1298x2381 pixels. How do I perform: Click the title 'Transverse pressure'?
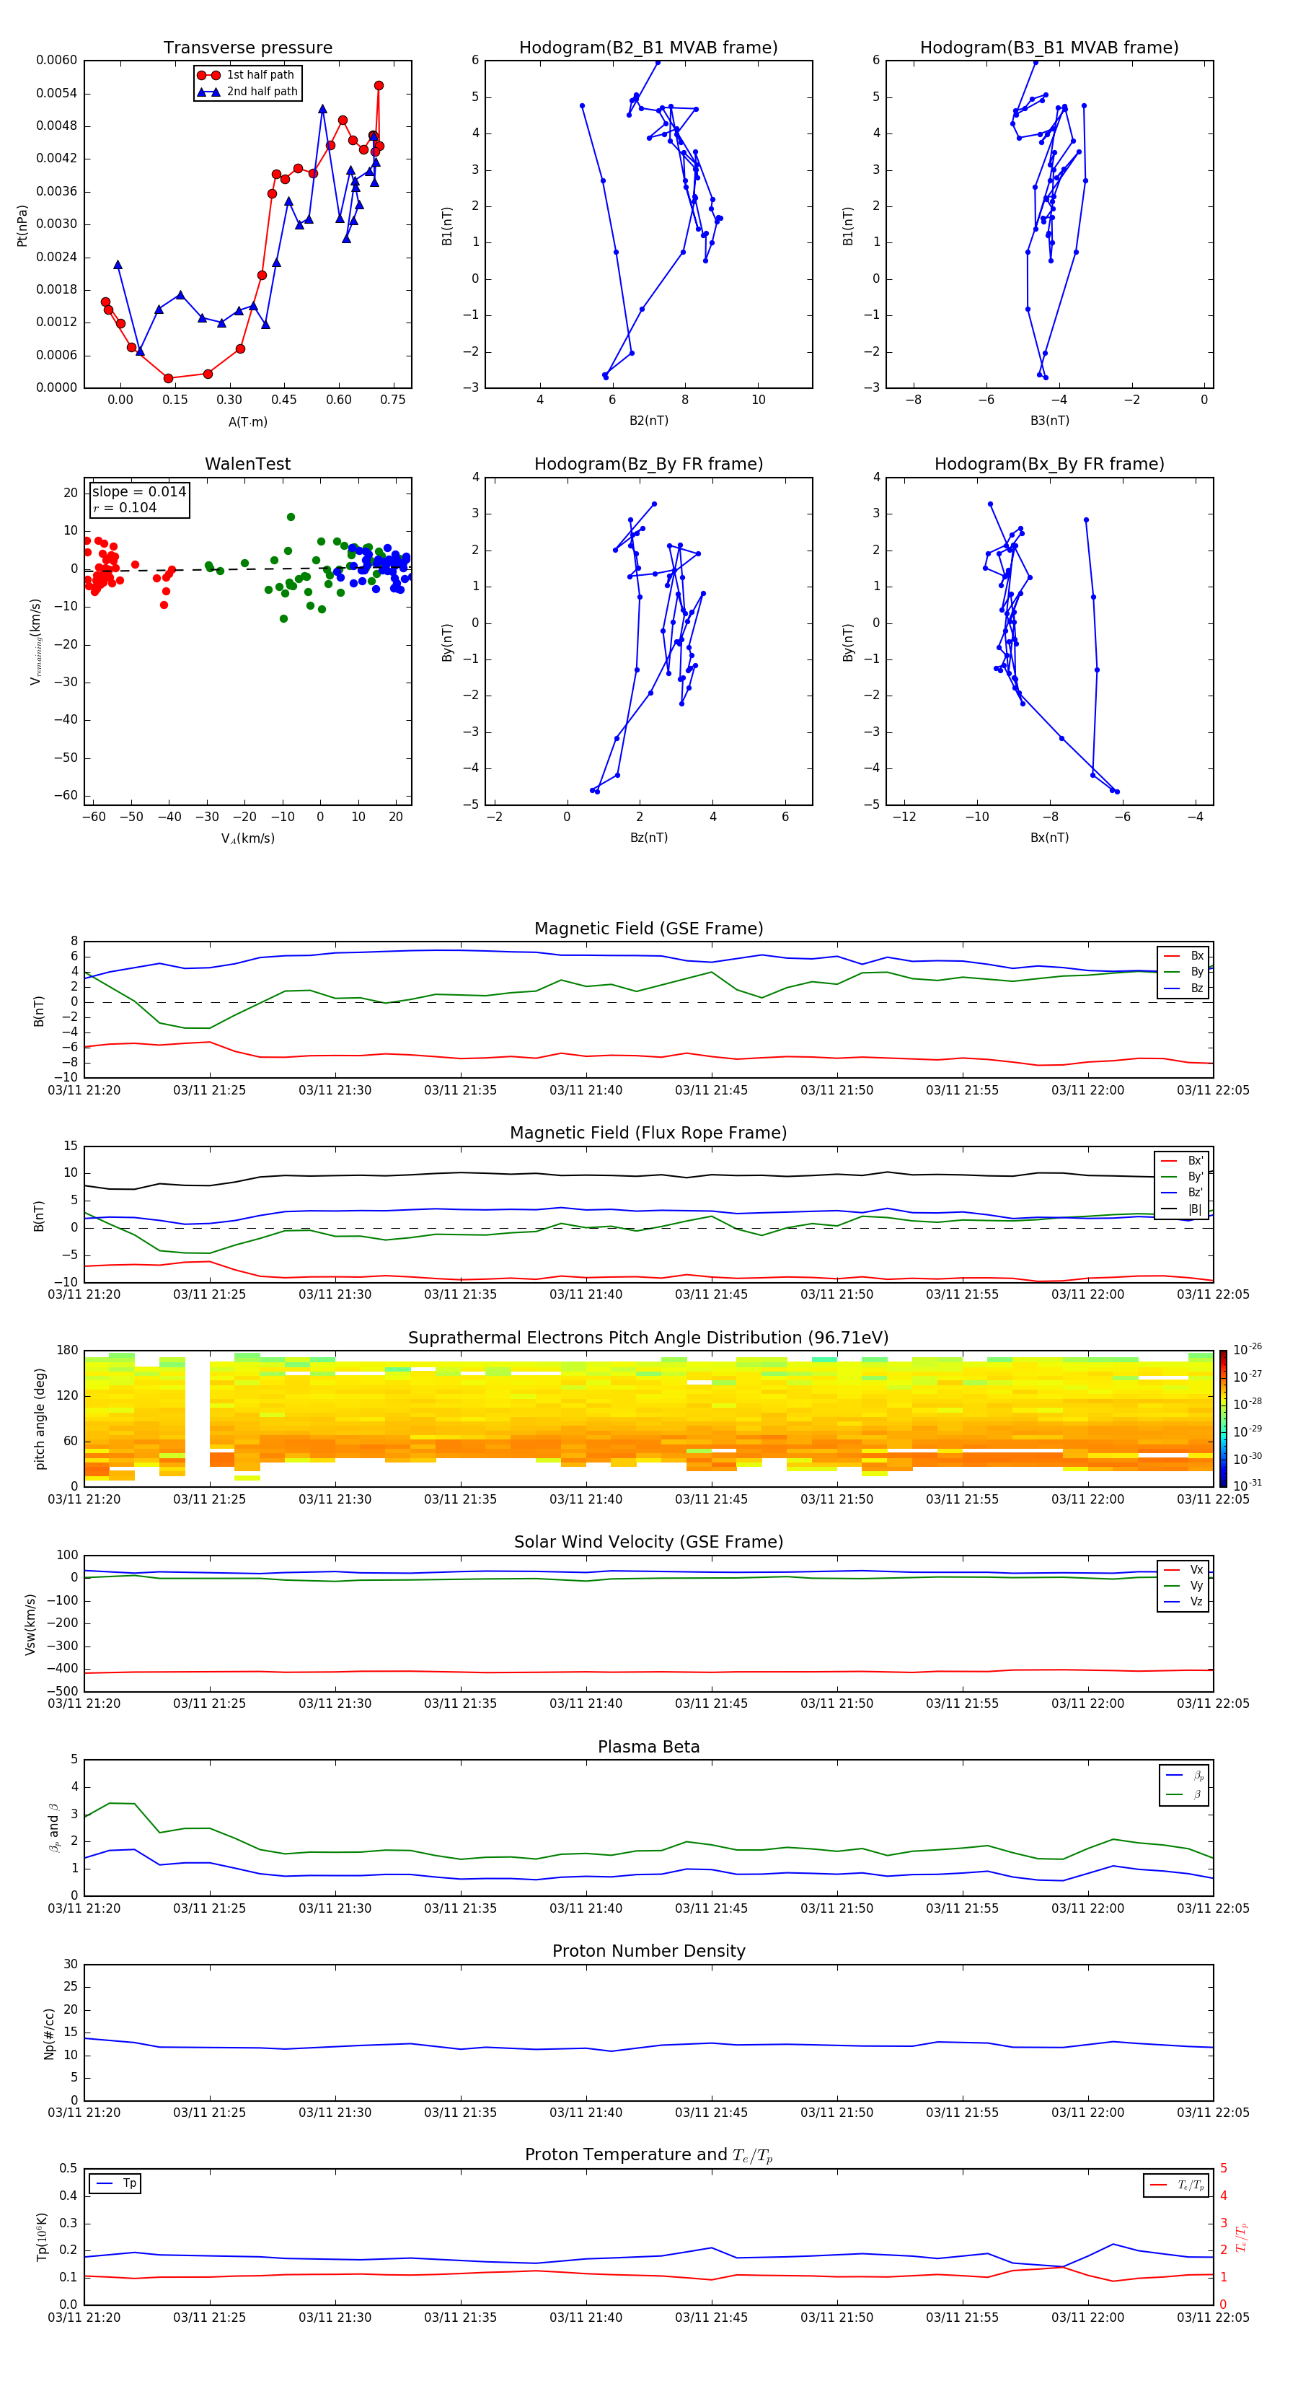point(247,48)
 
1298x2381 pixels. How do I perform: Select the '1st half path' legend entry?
point(260,75)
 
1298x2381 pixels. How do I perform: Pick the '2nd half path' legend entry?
point(262,92)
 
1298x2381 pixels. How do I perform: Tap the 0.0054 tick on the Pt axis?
point(56,93)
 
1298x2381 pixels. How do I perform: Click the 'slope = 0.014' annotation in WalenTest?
point(138,492)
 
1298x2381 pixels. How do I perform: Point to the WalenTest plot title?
point(247,464)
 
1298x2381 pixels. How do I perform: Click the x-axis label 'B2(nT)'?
point(648,421)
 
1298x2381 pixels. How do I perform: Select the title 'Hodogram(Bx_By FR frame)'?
point(1048,464)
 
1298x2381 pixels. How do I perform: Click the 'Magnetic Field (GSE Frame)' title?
point(648,929)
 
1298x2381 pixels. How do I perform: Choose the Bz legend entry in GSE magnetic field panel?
point(1196,988)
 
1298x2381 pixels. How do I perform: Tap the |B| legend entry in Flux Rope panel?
point(1193,1209)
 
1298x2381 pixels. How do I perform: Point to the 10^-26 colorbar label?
point(1246,1349)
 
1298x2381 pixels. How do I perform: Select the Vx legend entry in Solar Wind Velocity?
point(1196,1569)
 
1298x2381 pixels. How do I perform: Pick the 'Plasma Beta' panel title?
point(648,1747)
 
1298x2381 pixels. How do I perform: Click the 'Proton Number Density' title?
point(648,1951)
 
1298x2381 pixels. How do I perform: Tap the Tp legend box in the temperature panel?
point(115,2183)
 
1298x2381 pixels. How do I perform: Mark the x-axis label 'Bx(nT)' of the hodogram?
point(1048,838)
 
